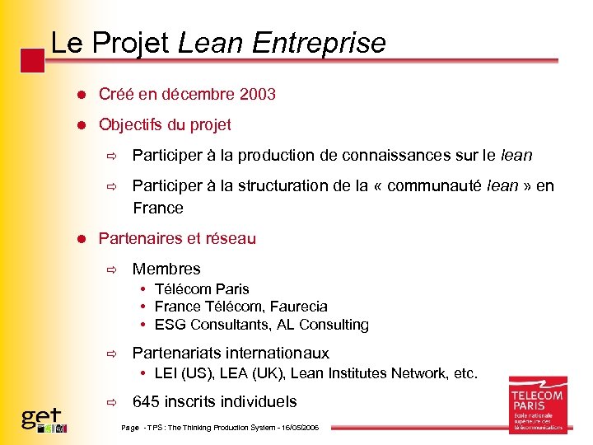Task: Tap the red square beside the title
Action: coord(32,60)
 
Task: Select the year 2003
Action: coord(257,95)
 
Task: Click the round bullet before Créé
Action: coord(82,95)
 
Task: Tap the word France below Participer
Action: coord(158,208)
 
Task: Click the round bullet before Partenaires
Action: coord(82,239)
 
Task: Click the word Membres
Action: coord(166,269)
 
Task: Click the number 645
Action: coord(148,402)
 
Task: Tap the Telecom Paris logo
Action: coord(537,405)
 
